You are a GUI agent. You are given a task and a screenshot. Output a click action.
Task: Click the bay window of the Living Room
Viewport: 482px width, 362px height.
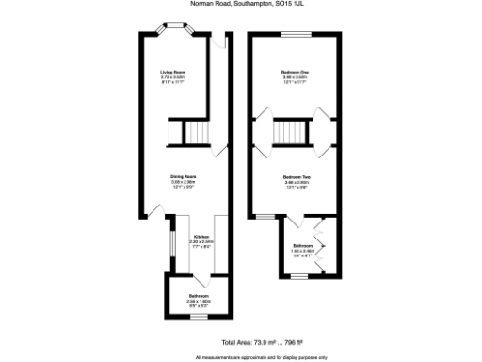tap(176, 28)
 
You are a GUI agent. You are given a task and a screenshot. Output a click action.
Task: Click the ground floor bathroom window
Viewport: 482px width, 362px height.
tap(198, 319)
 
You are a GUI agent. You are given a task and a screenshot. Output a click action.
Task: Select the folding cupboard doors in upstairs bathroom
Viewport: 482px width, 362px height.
tap(320, 242)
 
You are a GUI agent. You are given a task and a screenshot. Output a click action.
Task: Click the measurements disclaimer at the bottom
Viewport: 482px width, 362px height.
tap(262, 357)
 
